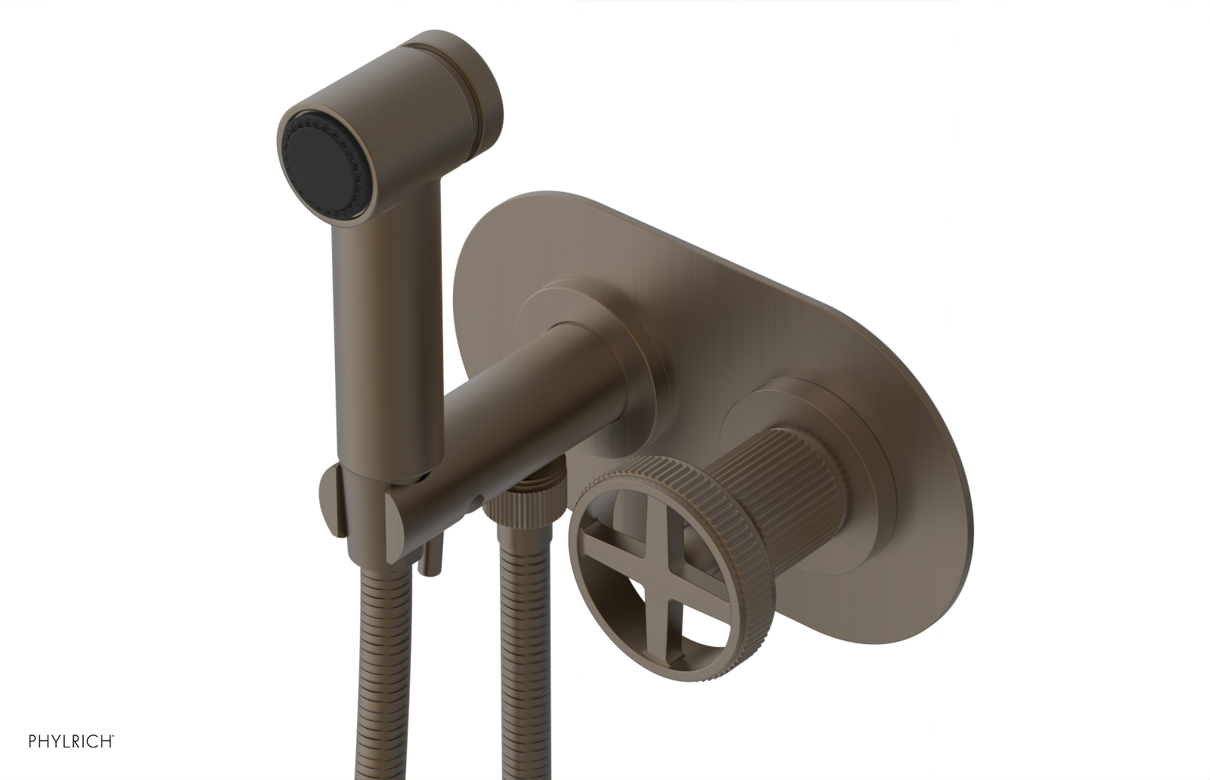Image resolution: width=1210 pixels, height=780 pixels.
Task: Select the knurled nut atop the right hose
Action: pos(529,503)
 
